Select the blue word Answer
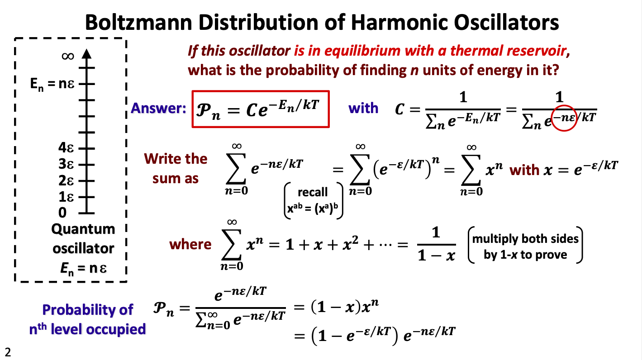click(158, 109)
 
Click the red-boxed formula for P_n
click(260, 109)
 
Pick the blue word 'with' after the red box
click(363, 109)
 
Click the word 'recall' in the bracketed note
click(313, 192)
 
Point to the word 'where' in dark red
click(190, 244)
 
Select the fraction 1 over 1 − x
click(436, 244)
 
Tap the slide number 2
click(7, 351)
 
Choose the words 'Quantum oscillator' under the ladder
click(83, 239)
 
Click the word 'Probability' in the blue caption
click(74, 310)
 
